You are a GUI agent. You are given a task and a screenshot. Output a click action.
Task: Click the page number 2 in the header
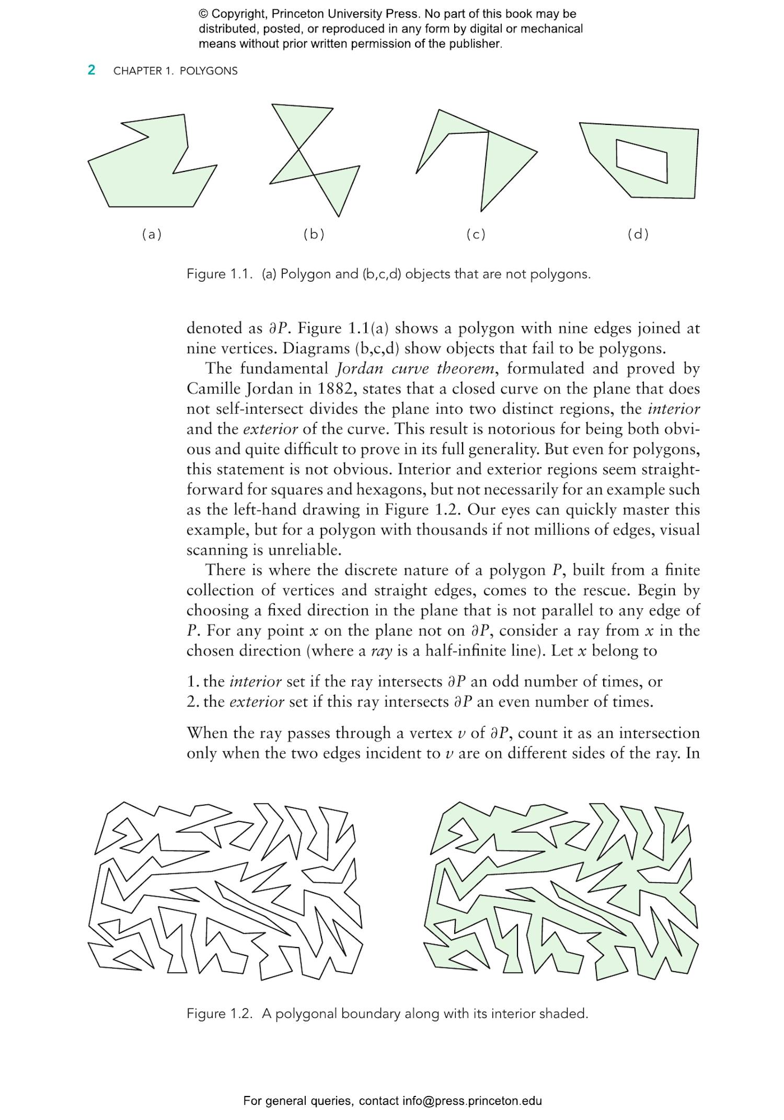[x=91, y=70]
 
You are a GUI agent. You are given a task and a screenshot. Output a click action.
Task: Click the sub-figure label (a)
[x=152, y=234]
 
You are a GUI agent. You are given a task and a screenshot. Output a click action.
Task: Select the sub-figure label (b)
[x=314, y=234]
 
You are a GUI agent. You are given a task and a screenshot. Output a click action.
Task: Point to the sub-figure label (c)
[x=476, y=234]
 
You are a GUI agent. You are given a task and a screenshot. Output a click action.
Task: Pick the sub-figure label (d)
[x=638, y=234]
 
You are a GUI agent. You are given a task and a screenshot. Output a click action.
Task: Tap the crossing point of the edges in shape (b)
[x=299, y=151]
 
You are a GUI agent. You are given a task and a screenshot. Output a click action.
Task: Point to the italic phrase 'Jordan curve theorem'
[x=414, y=368]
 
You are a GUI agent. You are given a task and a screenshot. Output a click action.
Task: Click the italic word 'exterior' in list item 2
[x=257, y=701]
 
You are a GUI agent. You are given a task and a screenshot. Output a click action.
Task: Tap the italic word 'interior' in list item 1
[x=256, y=682]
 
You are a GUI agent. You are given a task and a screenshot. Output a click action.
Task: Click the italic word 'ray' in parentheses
[x=381, y=651]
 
